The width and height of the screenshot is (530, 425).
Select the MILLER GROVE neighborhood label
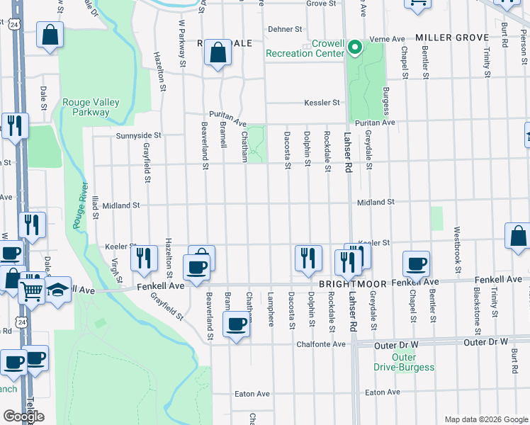[451, 37]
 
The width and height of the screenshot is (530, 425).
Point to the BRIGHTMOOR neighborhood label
[352, 283]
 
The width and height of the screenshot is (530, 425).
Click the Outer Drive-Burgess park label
[404, 362]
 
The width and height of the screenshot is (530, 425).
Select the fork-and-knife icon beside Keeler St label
[144, 259]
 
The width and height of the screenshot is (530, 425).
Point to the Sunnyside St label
[139, 135]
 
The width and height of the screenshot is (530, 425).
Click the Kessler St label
[322, 103]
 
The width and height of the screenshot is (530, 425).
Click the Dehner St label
[285, 29]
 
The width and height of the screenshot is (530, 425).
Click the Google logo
[23, 416]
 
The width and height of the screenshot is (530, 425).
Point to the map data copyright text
[486, 419]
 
